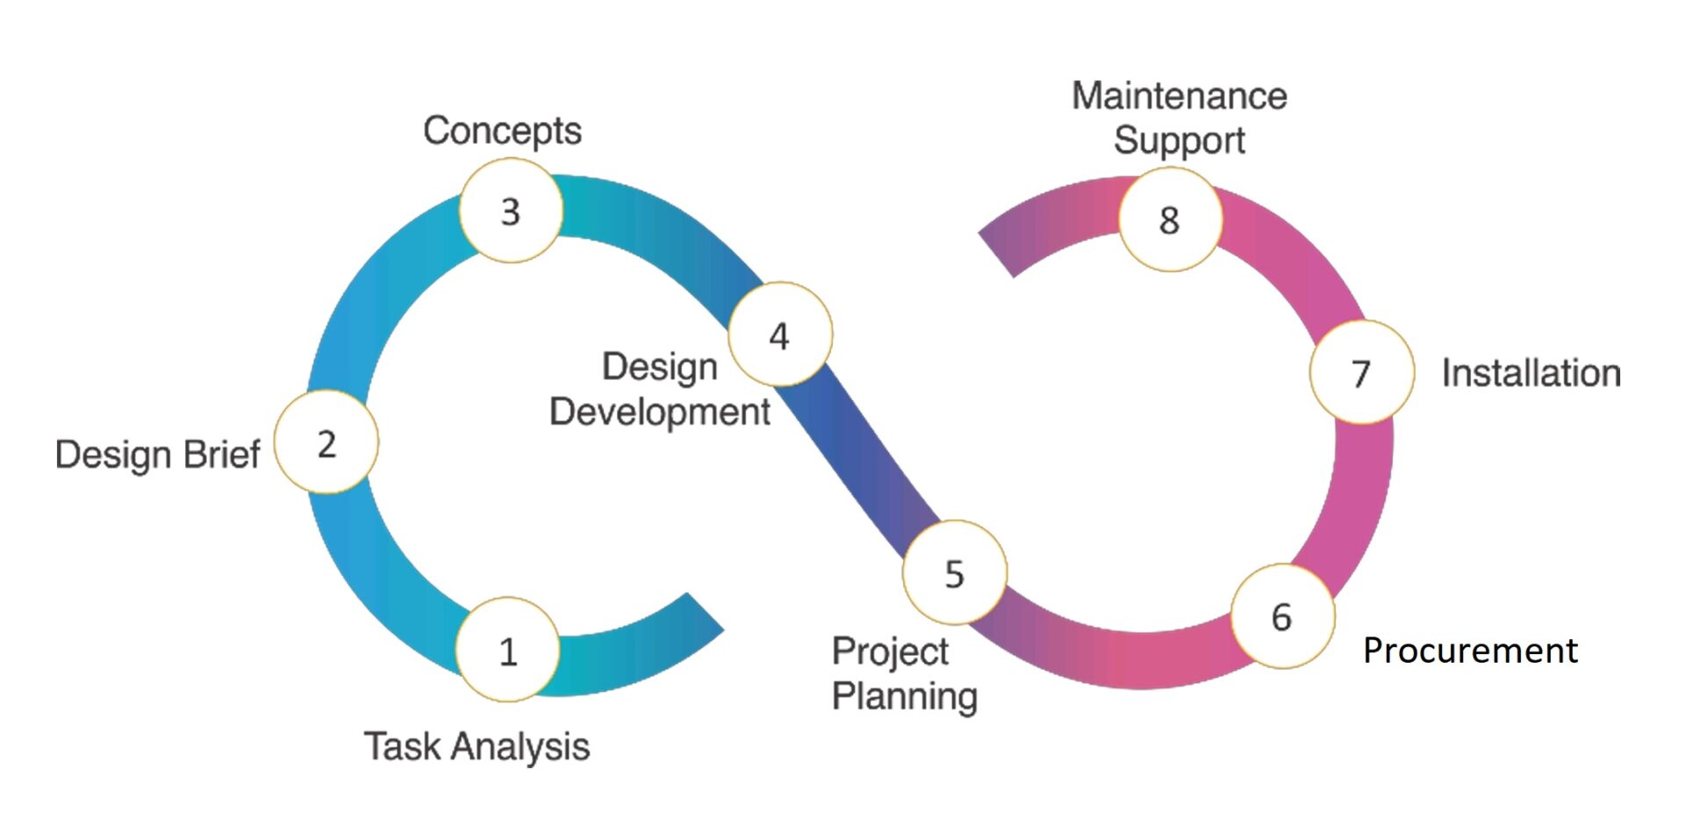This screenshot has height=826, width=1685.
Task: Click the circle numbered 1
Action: coord(508,650)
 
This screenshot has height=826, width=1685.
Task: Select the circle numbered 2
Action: coord(326,442)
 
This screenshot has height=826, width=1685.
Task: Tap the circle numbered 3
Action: coord(511,211)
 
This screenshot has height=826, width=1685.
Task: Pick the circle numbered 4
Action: coord(780,334)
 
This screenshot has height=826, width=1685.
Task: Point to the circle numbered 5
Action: coord(955,572)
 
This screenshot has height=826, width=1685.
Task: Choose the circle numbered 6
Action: coord(1283,616)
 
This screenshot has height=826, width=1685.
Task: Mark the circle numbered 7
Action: coord(1362,372)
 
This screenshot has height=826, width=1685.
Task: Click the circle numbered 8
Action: coord(1171,219)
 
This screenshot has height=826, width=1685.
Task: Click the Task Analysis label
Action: coord(477,747)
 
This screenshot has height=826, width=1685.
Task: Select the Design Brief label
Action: coord(158,455)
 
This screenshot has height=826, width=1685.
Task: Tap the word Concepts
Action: coord(502,131)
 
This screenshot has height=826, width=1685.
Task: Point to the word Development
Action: coord(660,412)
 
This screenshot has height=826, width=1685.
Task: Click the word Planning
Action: coord(905,696)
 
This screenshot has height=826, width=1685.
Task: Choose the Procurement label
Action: coord(1470,650)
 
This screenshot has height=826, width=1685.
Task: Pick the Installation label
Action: coord(1531,373)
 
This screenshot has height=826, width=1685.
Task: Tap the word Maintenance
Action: coord(1179,96)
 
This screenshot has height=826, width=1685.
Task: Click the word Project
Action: coord(890,651)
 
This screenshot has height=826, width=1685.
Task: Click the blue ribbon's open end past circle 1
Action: coord(705,612)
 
